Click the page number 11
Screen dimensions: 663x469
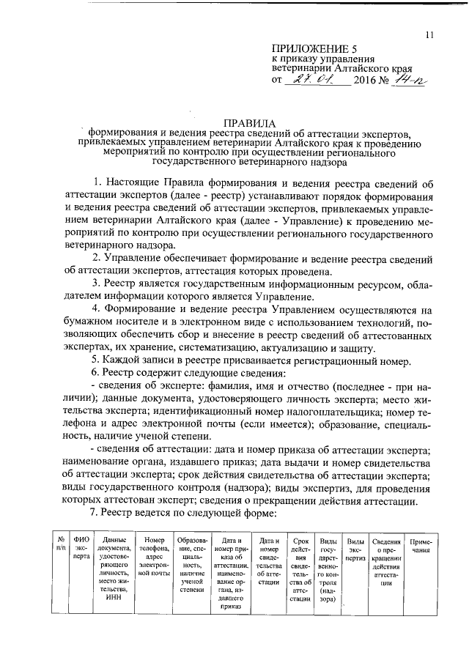[x=429, y=34]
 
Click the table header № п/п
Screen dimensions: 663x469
[x=62, y=544]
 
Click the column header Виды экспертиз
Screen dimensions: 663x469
[x=355, y=549]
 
